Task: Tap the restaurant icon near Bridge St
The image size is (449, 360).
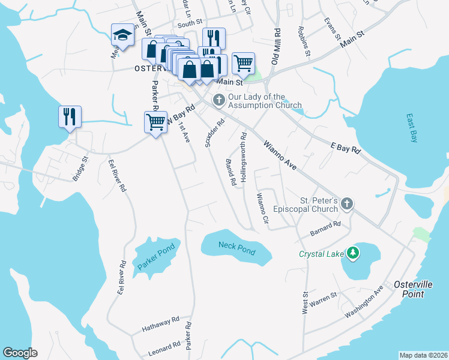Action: pos(70,116)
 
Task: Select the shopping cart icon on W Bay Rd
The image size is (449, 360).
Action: pos(156,122)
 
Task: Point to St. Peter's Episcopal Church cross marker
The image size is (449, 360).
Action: pos(346,205)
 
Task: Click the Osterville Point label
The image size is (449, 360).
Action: pos(409,289)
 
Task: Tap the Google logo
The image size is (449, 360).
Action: pos(20,352)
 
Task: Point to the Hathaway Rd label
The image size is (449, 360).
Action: pos(161,326)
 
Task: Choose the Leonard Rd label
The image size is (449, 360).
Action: pos(164,347)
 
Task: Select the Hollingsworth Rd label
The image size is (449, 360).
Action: pos(243,157)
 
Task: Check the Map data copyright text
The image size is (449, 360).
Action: pos(423,355)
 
